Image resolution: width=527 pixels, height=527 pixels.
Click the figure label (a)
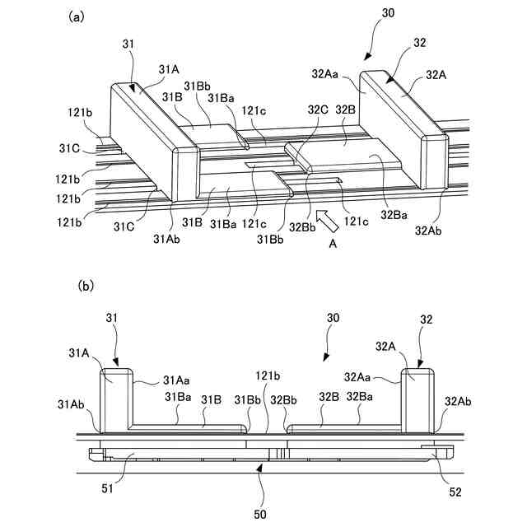[76, 16]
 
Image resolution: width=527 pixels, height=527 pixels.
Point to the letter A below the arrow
[333, 244]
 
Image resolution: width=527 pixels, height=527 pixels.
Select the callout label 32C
[319, 109]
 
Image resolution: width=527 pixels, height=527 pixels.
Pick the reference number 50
[261, 513]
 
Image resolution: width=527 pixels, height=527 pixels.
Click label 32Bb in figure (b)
[287, 399]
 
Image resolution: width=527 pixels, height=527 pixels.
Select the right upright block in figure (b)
[417, 401]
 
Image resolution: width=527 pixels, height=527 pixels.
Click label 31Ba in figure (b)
[177, 397]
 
